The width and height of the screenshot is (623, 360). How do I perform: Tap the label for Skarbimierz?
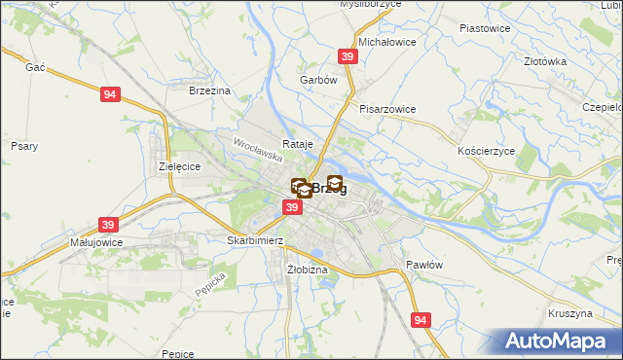[254, 239]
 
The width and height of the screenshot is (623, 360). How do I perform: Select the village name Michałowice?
[387, 43]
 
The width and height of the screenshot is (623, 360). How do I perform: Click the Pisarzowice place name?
[387, 109]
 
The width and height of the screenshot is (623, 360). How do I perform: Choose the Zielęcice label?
[179, 166]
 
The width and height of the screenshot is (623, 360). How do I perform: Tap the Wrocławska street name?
[258, 149]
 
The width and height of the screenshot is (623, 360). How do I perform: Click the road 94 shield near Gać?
[110, 94]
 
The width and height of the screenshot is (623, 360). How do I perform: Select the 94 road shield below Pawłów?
[421, 320]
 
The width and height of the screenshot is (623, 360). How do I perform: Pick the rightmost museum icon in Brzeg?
[335, 182]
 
